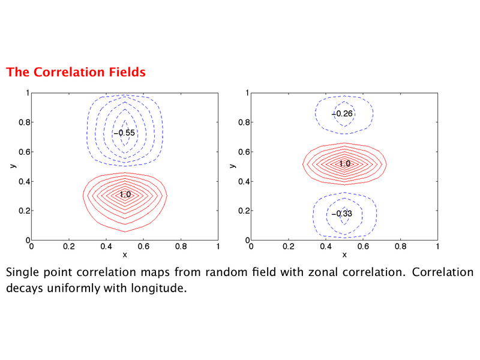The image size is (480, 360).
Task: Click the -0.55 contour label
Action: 124,133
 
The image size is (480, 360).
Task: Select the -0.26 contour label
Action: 342,114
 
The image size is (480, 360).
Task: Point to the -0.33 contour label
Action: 341,214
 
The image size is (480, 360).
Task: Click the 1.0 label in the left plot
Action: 125,194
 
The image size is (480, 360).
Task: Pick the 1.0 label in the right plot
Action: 345,163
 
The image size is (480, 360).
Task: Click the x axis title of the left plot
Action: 125,254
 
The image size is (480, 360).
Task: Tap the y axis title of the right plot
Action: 233,166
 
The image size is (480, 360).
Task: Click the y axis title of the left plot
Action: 13,166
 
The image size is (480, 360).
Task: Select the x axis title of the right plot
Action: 344,254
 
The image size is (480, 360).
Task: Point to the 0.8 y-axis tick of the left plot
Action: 25,122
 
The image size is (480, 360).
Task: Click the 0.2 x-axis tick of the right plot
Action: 289,247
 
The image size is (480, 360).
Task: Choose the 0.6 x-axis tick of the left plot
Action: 143,247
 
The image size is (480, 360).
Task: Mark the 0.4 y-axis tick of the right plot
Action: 244,182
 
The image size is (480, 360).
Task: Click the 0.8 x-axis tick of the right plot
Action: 400,247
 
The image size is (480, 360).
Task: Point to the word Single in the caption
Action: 22,272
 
